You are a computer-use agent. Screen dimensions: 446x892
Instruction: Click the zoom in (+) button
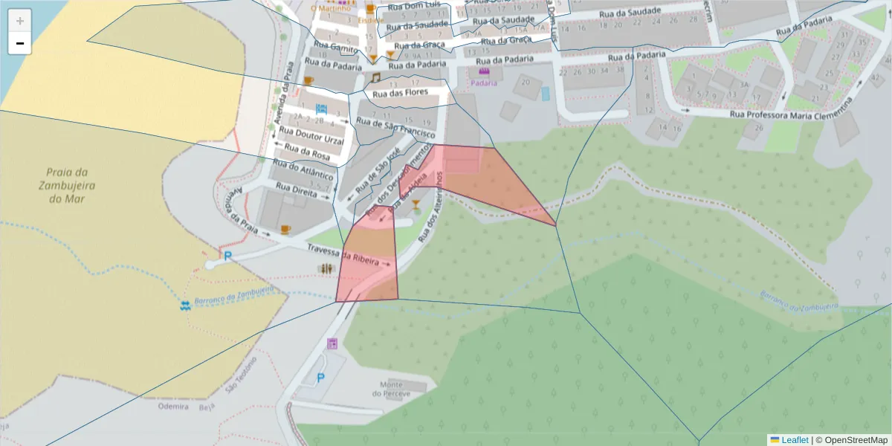point(20,21)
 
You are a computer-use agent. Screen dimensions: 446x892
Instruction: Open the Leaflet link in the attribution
point(795,440)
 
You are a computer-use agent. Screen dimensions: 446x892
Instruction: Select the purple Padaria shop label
point(484,83)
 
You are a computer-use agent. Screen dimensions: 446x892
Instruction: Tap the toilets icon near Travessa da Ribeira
point(327,268)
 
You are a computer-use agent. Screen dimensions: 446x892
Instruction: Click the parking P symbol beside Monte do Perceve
point(321,378)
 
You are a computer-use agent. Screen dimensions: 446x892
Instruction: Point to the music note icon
point(375,77)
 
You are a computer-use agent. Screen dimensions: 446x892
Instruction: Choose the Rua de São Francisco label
point(395,129)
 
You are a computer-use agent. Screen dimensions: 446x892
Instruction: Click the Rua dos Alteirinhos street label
point(430,209)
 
